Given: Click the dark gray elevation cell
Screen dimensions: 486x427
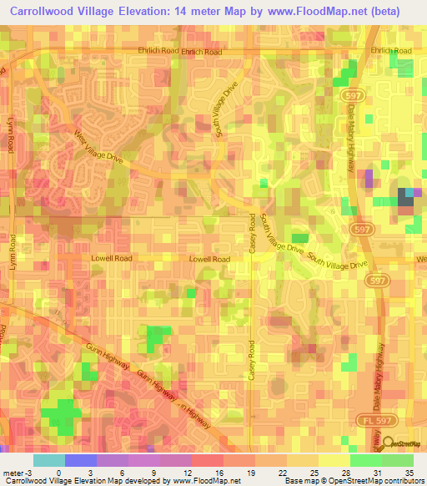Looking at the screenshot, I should (x=405, y=195).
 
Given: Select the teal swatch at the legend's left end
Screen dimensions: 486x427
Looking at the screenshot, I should (x=49, y=460).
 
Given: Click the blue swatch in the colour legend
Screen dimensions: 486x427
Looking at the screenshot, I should (x=80, y=460).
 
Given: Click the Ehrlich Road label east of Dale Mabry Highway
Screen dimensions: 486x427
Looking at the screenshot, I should (x=392, y=51).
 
